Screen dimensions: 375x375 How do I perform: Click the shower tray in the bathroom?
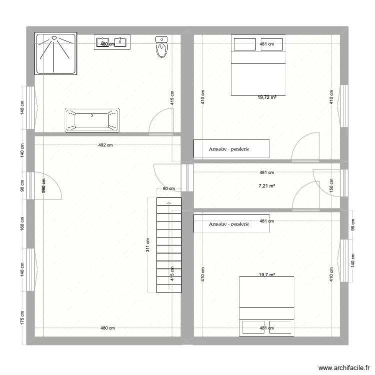pyautogui.click(x=55, y=53)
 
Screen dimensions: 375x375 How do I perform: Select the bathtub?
pyautogui.click(x=92, y=120)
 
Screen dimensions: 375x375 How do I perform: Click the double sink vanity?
pyautogui.click(x=112, y=42)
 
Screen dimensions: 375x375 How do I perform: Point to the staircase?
pyautogui.click(x=169, y=245)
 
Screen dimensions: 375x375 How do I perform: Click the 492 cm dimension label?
pyautogui.click(x=105, y=145)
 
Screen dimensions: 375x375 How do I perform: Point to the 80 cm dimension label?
pyautogui.click(x=168, y=188)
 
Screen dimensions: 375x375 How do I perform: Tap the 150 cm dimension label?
pyautogui.click(x=331, y=185)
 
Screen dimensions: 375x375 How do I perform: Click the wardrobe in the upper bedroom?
pyautogui.click(x=231, y=148)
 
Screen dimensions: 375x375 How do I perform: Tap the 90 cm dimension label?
pyautogui.click(x=22, y=185)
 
